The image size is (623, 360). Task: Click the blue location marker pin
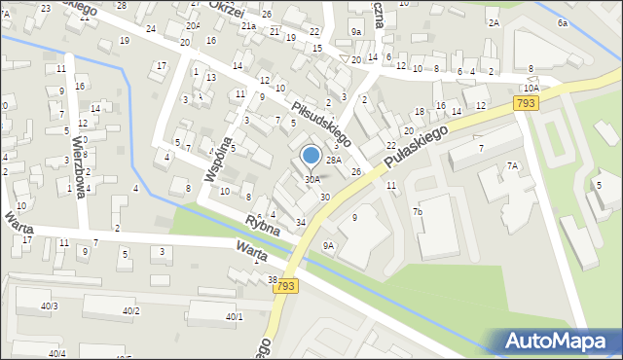tap(311, 157)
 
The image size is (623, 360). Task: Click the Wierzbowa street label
tap(82, 165)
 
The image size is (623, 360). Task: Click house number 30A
tap(311, 179)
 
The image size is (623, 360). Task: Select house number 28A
tap(333, 160)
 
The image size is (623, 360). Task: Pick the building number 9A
tap(328, 245)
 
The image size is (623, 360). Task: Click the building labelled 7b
tap(417, 211)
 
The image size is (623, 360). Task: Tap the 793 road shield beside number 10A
tap(527, 103)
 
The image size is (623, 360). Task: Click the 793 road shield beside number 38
tap(285, 286)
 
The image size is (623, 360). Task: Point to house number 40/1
tap(235, 316)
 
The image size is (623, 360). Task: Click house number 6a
tap(563, 21)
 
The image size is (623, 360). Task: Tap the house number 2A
tap(494, 21)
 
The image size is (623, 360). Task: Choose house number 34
tap(301, 223)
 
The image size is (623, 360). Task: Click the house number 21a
tap(248, 25)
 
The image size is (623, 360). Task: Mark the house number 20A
tap(194, 25)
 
